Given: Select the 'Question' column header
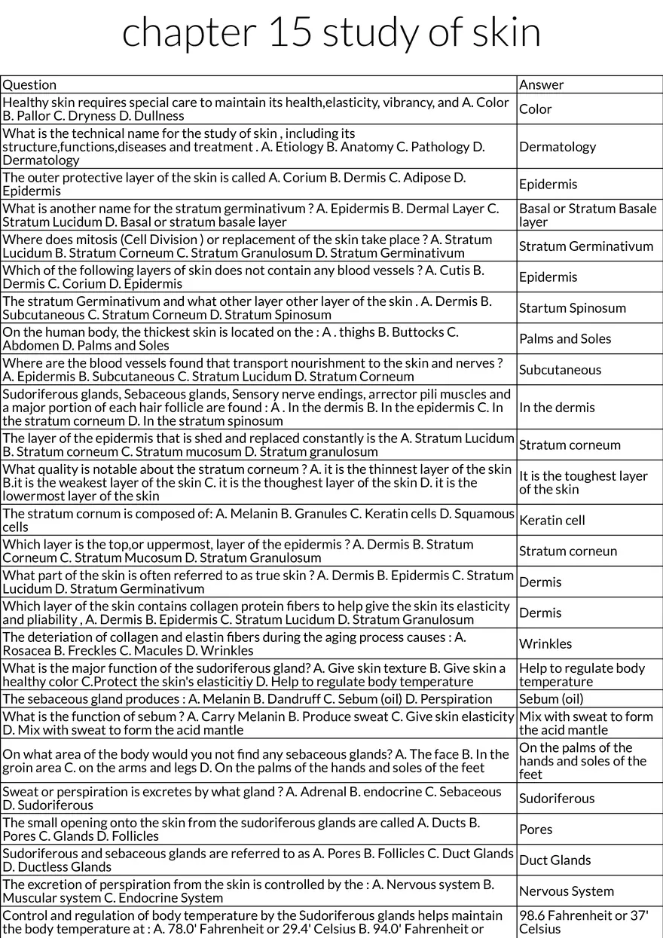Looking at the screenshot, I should (29, 84).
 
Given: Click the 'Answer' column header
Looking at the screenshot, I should (541, 84).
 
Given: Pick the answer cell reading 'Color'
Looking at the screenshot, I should (535, 109).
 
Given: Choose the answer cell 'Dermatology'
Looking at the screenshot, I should (557, 147).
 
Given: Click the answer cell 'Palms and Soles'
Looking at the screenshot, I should (565, 338).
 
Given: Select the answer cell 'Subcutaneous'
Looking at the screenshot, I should (560, 369).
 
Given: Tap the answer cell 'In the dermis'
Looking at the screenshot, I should (557, 407).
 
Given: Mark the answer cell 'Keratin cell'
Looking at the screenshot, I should (551, 520).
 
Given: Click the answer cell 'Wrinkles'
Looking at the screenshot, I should (545, 643).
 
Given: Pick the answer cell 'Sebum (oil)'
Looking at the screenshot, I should (551, 698).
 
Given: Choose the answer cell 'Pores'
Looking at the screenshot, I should (536, 830).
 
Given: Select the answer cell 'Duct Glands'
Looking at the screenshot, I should (555, 860).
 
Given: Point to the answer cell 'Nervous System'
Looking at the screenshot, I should (566, 891).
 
